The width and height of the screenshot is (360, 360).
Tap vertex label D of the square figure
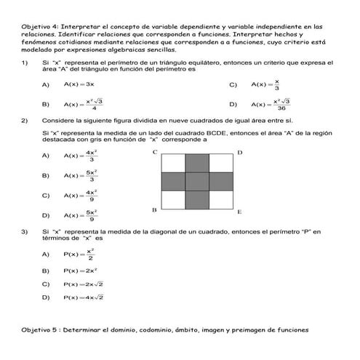[x=241, y=152]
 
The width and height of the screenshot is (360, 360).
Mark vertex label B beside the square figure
[x=154, y=210]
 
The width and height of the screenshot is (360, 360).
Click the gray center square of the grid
[x=198, y=180]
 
